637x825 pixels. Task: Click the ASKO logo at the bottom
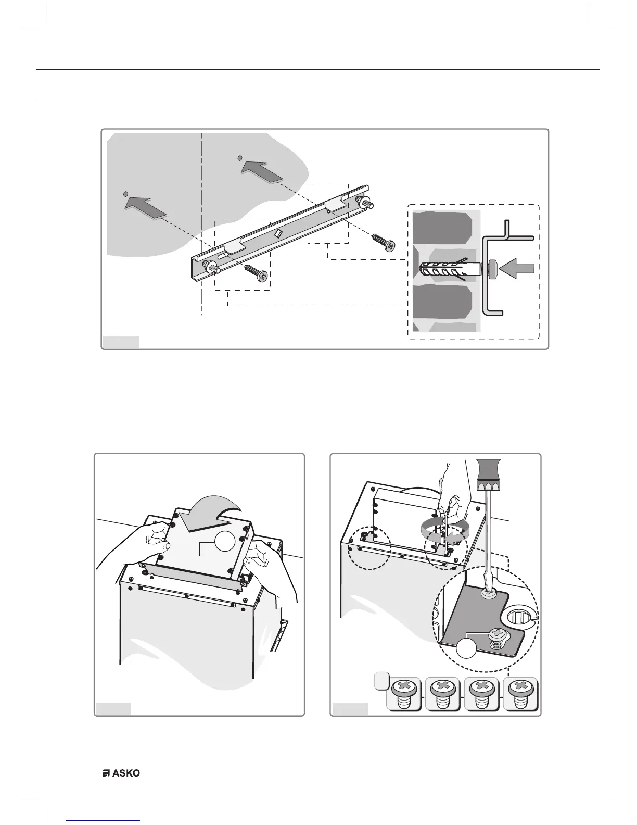pyautogui.click(x=121, y=773)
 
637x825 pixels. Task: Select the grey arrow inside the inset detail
pyautogui.click(x=516, y=269)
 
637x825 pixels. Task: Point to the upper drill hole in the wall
pyautogui.click(x=239, y=157)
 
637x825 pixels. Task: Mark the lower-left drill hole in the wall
pyautogui.click(x=125, y=195)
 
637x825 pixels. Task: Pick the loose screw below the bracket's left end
pyautogui.click(x=256, y=273)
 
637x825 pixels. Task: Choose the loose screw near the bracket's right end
pyautogui.click(x=383, y=242)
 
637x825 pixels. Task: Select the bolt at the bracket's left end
pyautogui.click(x=213, y=267)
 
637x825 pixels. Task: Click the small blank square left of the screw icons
pyautogui.click(x=381, y=680)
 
